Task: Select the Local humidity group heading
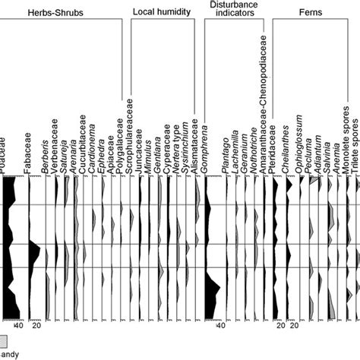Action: [162, 13]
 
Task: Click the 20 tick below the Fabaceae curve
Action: [35, 327]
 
